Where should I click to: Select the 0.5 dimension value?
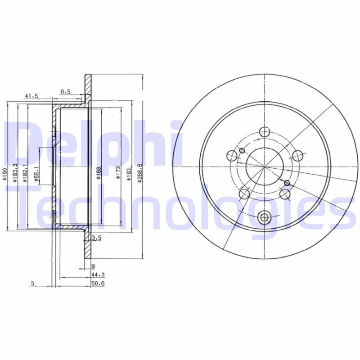(66, 91)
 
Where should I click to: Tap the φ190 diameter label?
(4, 174)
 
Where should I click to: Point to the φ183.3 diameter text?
(15, 173)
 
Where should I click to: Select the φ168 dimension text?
(98, 173)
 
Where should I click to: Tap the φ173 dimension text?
(117, 173)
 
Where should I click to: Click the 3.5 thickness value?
(95, 237)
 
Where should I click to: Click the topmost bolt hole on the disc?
(265, 132)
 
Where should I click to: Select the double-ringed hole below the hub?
(264, 217)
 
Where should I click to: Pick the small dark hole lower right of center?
(287, 182)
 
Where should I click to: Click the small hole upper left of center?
(241, 150)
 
